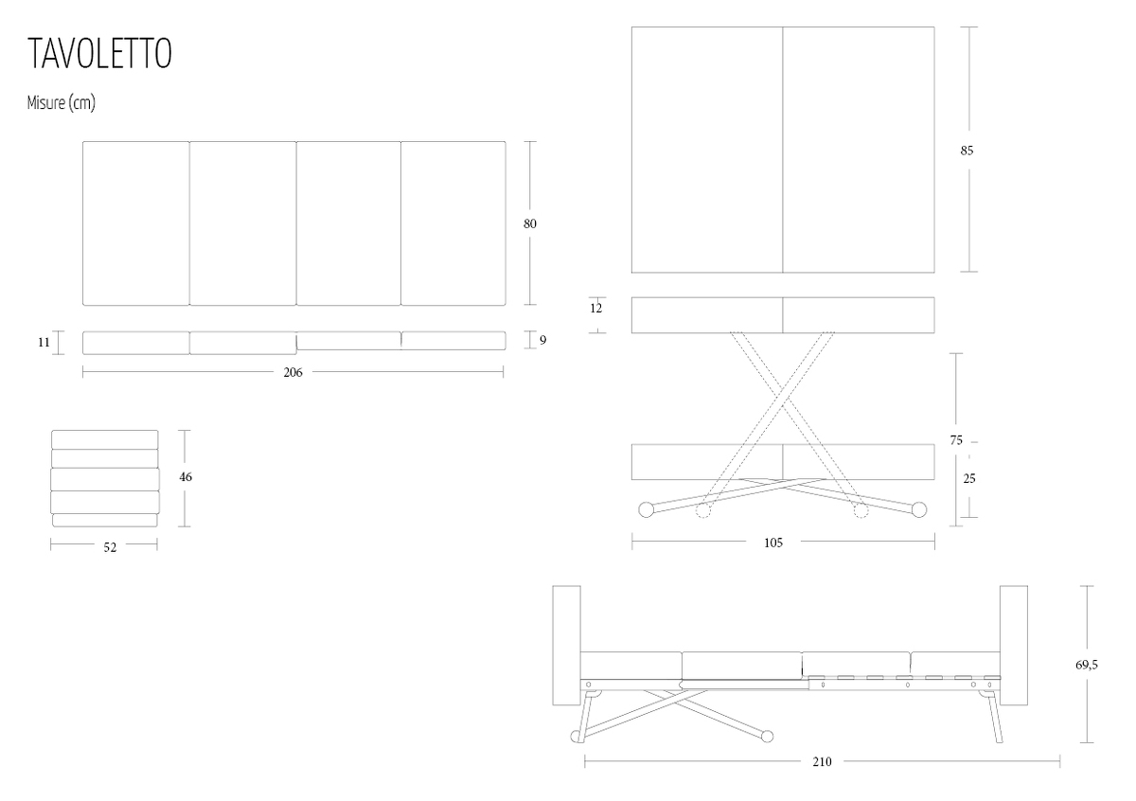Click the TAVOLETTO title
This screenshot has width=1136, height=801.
pyautogui.click(x=100, y=53)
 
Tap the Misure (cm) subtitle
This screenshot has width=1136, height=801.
pyautogui.click(x=62, y=103)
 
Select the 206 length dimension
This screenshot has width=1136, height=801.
pyautogui.click(x=293, y=373)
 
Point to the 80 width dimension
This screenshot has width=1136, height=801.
pyautogui.click(x=530, y=223)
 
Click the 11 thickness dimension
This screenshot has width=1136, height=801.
pyautogui.click(x=44, y=343)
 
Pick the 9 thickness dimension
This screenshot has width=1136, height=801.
pyautogui.click(x=543, y=341)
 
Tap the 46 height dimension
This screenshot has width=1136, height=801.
pyautogui.click(x=186, y=477)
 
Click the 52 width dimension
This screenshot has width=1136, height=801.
pyautogui.click(x=110, y=548)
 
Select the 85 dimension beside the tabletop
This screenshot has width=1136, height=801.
pyautogui.click(x=967, y=151)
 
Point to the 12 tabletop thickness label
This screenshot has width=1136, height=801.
pyautogui.click(x=595, y=309)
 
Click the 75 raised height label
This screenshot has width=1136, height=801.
pyautogui.click(x=956, y=440)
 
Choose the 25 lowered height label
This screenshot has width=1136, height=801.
pyautogui.click(x=969, y=478)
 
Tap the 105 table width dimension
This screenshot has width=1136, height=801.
pyautogui.click(x=773, y=543)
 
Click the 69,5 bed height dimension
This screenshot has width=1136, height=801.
pyautogui.click(x=1087, y=665)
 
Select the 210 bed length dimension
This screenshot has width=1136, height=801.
pyautogui.click(x=822, y=762)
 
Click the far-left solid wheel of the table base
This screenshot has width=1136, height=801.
pyautogui.click(x=646, y=509)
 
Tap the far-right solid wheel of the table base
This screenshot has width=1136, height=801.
pyautogui.click(x=919, y=509)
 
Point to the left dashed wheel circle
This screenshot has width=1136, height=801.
pyautogui.click(x=702, y=510)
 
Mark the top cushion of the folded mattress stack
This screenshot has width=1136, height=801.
pyautogui.click(x=104, y=440)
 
